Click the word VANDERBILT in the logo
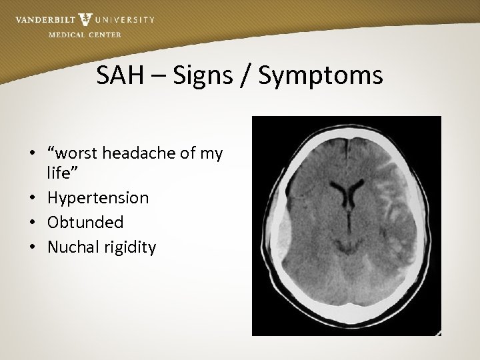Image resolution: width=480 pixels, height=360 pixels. tap(44, 19)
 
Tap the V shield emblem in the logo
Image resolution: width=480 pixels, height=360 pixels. tap(85, 19)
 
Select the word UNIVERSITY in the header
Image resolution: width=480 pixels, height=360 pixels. tap(124, 19)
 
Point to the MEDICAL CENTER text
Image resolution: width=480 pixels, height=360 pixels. tap(85, 35)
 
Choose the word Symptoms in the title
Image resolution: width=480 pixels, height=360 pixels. tap(321, 75)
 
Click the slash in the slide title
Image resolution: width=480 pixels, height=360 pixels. tap(248, 75)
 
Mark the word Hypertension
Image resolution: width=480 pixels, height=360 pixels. tap(98, 198)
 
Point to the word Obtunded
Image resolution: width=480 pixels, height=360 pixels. tap(85, 223)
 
